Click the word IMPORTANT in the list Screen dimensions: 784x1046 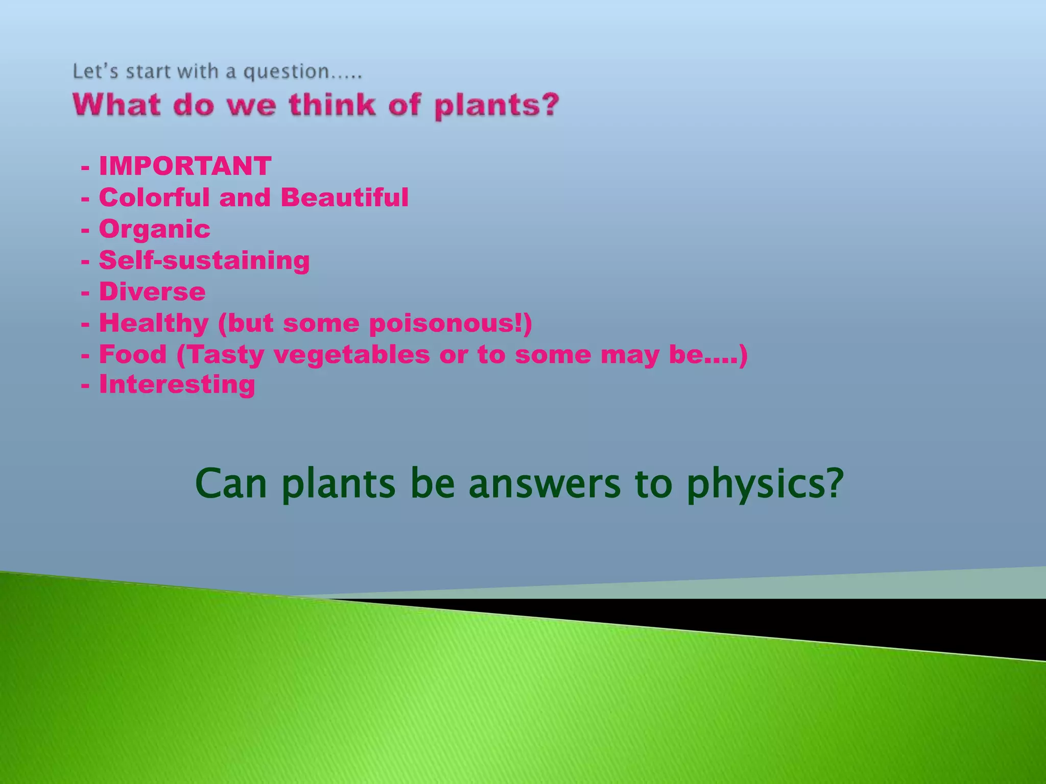(x=185, y=166)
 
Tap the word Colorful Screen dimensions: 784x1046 (x=154, y=198)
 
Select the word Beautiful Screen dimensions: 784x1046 (x=345, y=198)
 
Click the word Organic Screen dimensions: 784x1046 (x=154, y=229)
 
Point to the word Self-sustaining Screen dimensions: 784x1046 (x=204, y=260)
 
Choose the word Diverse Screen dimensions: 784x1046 (x=152, y=292)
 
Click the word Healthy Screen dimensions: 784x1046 (x=154, y=324)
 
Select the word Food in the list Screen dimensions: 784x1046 (x=133, y=355)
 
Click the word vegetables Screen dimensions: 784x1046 (x=352, y=355)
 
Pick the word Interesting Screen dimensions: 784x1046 (x=177, y=385)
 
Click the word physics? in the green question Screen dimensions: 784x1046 (x=765, y=484)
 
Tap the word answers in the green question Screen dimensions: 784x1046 (x=544, y=484)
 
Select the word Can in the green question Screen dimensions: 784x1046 (x=231, y=484)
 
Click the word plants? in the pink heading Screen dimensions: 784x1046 (x=496, y=106)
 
